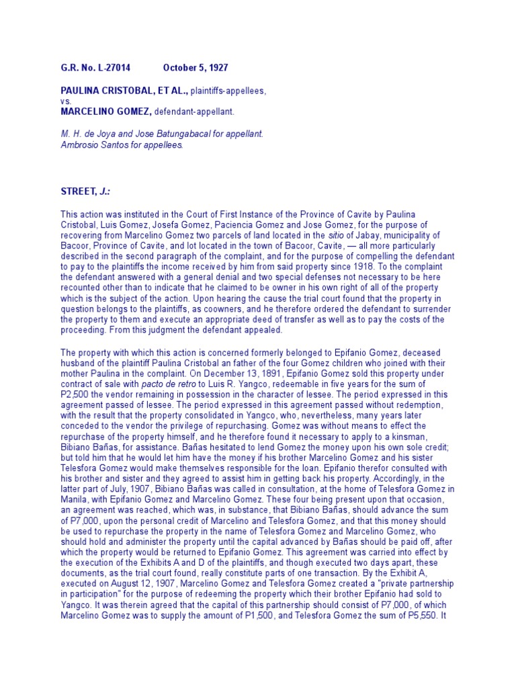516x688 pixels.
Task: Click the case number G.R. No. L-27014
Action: [x=95, y=69]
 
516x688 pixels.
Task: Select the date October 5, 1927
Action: [x=195, y=69]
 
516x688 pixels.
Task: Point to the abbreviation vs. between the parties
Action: [x=66, y=101]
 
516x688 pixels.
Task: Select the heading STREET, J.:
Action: [x=86, y=192]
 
